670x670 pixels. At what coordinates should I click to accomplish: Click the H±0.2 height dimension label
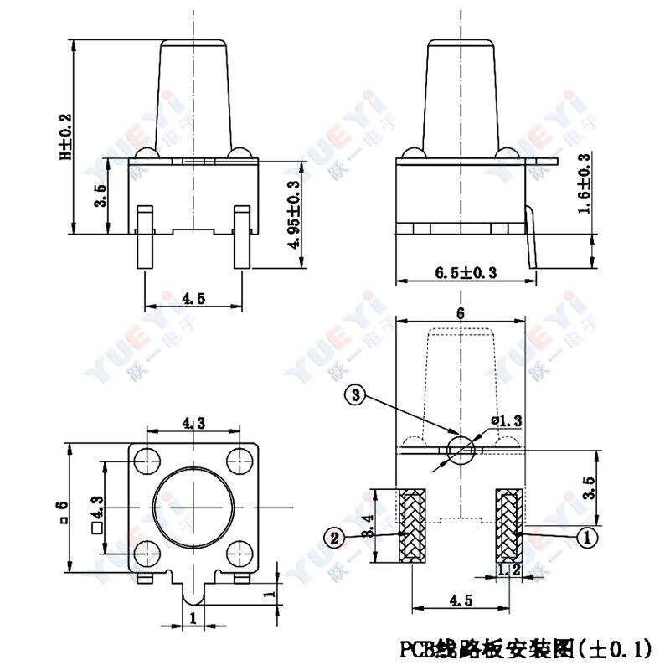[65, 137]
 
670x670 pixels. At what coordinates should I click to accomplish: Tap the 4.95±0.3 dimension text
[292, 214]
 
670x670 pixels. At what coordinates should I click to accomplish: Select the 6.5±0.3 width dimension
[466, 273]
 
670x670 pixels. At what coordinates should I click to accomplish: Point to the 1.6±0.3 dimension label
[584, 183]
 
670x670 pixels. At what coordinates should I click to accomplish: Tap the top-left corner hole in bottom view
[147, 459]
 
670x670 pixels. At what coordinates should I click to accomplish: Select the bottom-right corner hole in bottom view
[240, 553]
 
